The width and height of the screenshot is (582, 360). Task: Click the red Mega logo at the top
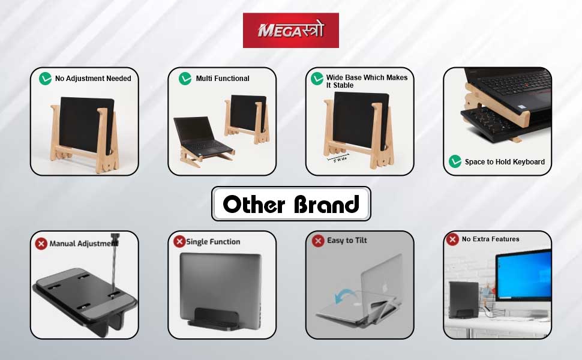290,30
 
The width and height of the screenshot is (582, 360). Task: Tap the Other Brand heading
291,204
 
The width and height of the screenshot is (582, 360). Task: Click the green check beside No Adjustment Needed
45,78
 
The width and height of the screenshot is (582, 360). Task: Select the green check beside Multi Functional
185,78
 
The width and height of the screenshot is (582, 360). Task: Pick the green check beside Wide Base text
317,78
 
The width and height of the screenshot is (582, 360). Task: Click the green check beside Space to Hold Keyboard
455,161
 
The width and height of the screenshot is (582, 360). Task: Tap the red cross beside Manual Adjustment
41,244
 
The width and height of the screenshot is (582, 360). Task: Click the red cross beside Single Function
179,241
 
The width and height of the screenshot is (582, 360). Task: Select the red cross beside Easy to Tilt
318,241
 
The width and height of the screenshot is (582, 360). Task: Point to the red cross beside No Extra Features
452,239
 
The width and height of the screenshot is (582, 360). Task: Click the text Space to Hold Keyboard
505,162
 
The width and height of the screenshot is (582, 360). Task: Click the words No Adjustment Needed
93,79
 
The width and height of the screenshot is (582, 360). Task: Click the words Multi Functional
223,79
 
